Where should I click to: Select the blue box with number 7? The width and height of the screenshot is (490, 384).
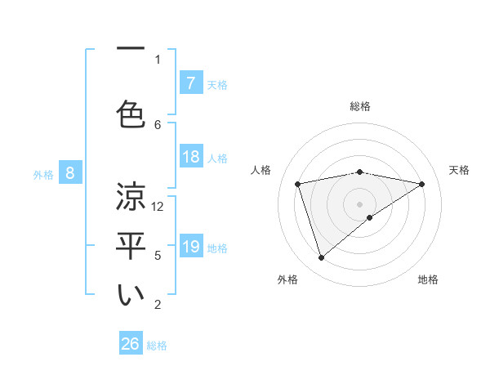[x=190, y=83]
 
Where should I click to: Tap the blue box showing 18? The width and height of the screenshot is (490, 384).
[x=190, y=157]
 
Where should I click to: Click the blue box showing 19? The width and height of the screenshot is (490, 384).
[x=190, y=247]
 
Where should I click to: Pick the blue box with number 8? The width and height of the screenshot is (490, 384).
[x=70, y=172]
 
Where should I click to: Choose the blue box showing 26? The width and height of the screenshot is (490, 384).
[x=131, y=344]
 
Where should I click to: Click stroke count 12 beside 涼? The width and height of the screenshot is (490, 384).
[x=158, y=207]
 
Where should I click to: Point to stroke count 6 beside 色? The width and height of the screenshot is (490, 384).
[x=158, y=124]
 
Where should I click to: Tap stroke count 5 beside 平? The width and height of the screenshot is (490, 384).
[x=158, y=256]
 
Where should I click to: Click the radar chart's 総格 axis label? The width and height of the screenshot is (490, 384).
[x=360, y=106]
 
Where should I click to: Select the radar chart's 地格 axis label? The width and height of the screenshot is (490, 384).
[x=429, y=279]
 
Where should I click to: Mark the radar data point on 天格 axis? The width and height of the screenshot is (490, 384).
[x=421, y=184]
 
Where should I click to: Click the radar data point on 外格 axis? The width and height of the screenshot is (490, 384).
[x=322, y=258]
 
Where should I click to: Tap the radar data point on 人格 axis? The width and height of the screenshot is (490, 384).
[x=298, y=184]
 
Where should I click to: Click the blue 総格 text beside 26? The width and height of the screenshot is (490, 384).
[x=157, y=346]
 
